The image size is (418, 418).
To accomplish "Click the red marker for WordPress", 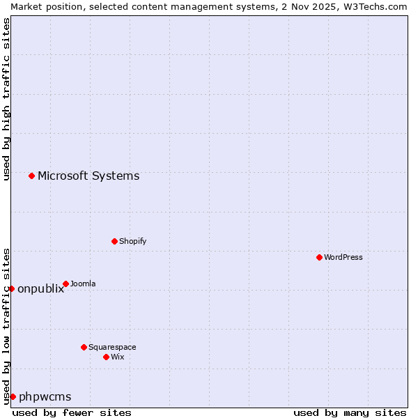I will (319, 257).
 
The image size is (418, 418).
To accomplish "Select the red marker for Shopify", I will (114, 241).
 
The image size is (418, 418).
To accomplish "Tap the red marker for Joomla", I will (65, 284).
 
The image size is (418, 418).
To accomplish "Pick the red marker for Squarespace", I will (84, 347).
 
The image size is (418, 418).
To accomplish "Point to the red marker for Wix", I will (106, 357).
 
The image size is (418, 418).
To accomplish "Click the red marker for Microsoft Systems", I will (31, 176).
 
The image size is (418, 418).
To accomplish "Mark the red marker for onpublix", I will (11, 288).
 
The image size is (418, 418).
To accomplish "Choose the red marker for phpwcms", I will (13, 396).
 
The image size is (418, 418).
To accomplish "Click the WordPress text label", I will (343, 257).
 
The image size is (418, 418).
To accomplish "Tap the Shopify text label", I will (132, 241).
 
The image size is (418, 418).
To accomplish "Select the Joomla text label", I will (83, 284).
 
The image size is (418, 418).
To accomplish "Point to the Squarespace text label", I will (112, 347).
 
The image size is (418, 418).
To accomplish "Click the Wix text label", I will (117, 357).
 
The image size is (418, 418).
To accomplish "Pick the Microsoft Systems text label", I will (88, 176).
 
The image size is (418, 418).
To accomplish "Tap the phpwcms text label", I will (45, 396).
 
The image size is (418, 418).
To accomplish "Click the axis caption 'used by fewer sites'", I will (72, 412).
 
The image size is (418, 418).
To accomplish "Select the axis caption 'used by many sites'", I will (350, 412).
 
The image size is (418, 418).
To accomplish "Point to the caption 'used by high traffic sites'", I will (6, 99).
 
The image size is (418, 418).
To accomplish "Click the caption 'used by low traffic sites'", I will (6, 325).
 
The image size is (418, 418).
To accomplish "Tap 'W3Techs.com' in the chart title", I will (374, 6).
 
